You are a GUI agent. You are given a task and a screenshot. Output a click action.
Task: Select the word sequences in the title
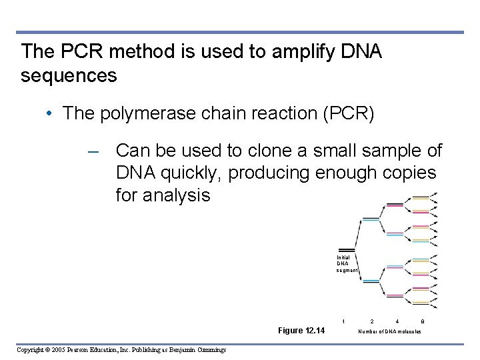click(x=69, y=76)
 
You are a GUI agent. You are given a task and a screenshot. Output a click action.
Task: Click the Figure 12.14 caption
click(x=301, y=330)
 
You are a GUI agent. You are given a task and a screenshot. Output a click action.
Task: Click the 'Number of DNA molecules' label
click(x=389, y=331)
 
